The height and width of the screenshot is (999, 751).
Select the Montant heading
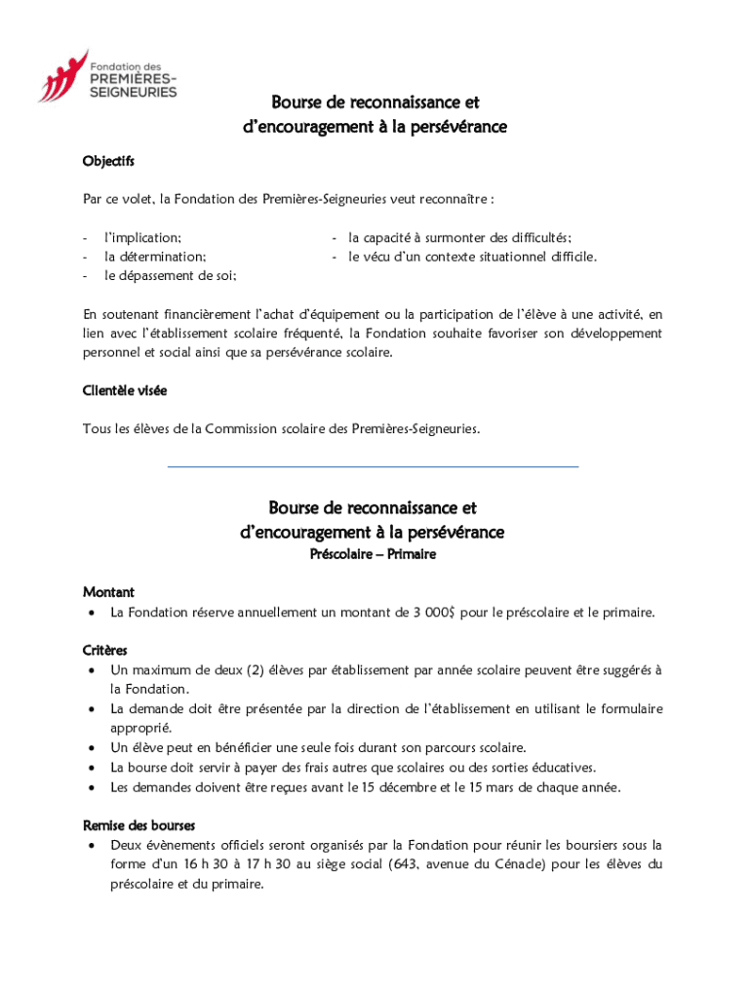108,592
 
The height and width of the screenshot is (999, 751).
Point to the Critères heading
105,650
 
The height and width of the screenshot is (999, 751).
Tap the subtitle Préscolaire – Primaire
373,554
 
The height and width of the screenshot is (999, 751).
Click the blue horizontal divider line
373,466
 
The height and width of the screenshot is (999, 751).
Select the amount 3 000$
429,613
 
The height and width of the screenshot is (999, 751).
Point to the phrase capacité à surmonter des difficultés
466,237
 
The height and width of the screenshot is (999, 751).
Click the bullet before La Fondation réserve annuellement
91,613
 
